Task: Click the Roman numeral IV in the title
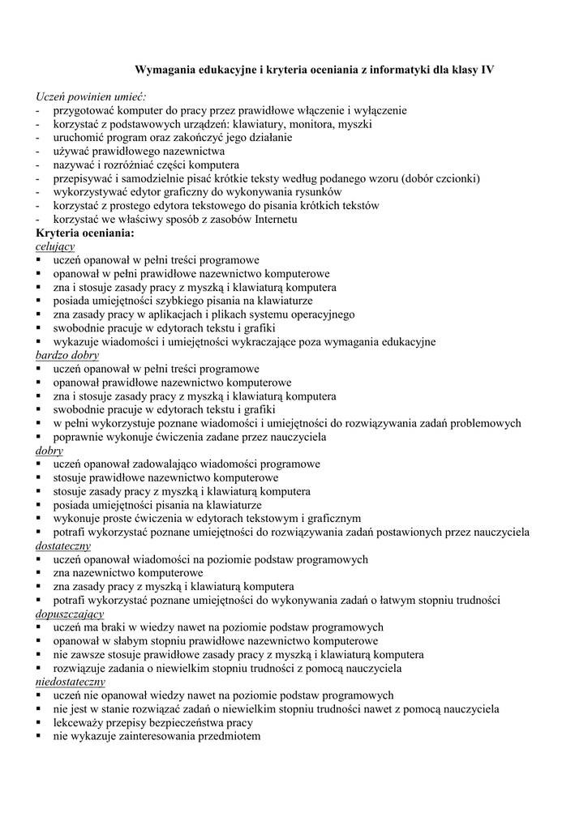pyautogui.click(x=487, y=71)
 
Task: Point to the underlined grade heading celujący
pyautogui.click(x=55, y=246)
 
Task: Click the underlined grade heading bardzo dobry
pyautogui.click(x=67, y=355)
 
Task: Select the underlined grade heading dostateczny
pyautogui.click(x=66, y=545)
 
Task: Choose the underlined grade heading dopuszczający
pyautogui.click(x=70, y=614)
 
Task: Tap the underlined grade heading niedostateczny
pyautogui.click(x=71, y=682)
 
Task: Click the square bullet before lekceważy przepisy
pyautogui.click(x=39, y=722)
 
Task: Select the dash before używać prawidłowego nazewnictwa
pyautogui.click(x=38, y=151)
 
